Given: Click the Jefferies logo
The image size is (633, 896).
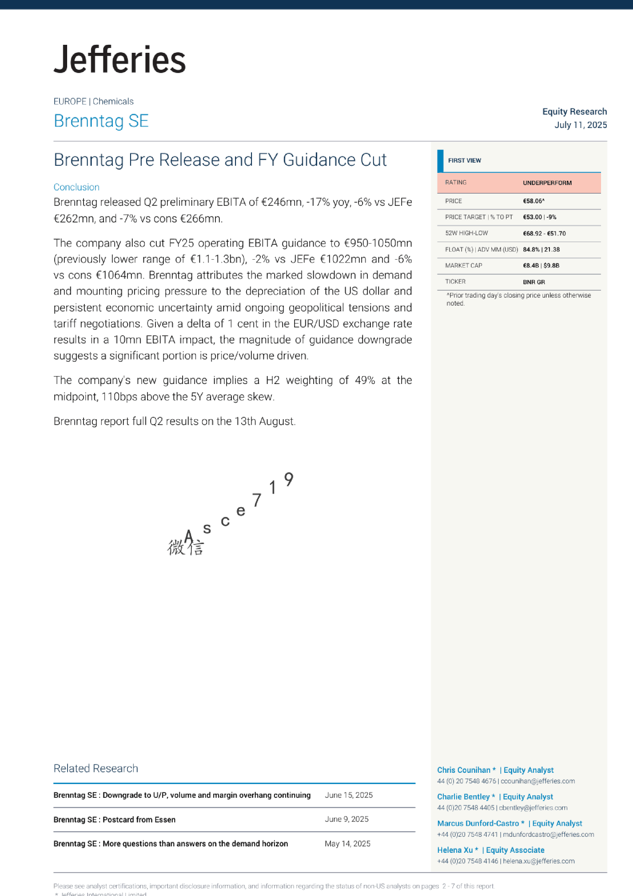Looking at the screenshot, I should coord(120,59).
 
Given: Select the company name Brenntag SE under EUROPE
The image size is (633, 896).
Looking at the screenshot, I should coord(101,121).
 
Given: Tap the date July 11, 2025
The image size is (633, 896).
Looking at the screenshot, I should coord(580,125).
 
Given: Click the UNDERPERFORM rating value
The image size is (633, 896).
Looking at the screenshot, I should coord(547,183).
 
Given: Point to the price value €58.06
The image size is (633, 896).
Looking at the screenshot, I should coord(533,201).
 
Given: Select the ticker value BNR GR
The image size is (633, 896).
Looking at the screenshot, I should coord(533,282).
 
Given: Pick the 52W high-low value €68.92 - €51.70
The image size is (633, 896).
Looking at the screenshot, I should coord(544,234).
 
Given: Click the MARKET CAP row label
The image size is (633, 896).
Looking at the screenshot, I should coord(464,266).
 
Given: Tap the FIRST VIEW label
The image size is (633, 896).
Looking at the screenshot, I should coord(465,161).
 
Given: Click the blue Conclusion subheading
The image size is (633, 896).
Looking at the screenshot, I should coord(77,187).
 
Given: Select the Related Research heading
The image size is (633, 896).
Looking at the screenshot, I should coord(96,769).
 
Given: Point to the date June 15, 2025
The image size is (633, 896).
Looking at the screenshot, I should coord(348,795).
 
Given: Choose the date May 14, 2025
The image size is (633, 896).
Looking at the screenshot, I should coord(347,844).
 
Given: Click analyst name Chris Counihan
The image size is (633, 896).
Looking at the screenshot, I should coord(464,770).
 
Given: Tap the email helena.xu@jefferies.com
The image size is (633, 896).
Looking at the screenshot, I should coord(539,861).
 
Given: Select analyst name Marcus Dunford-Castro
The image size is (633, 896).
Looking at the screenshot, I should coord(478,823).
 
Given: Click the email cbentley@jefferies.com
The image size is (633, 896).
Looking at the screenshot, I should coord(533,807).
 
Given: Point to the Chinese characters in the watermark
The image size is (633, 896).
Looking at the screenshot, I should coord(185,548).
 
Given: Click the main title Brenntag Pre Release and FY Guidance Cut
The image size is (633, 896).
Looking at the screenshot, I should coord(220,160).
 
